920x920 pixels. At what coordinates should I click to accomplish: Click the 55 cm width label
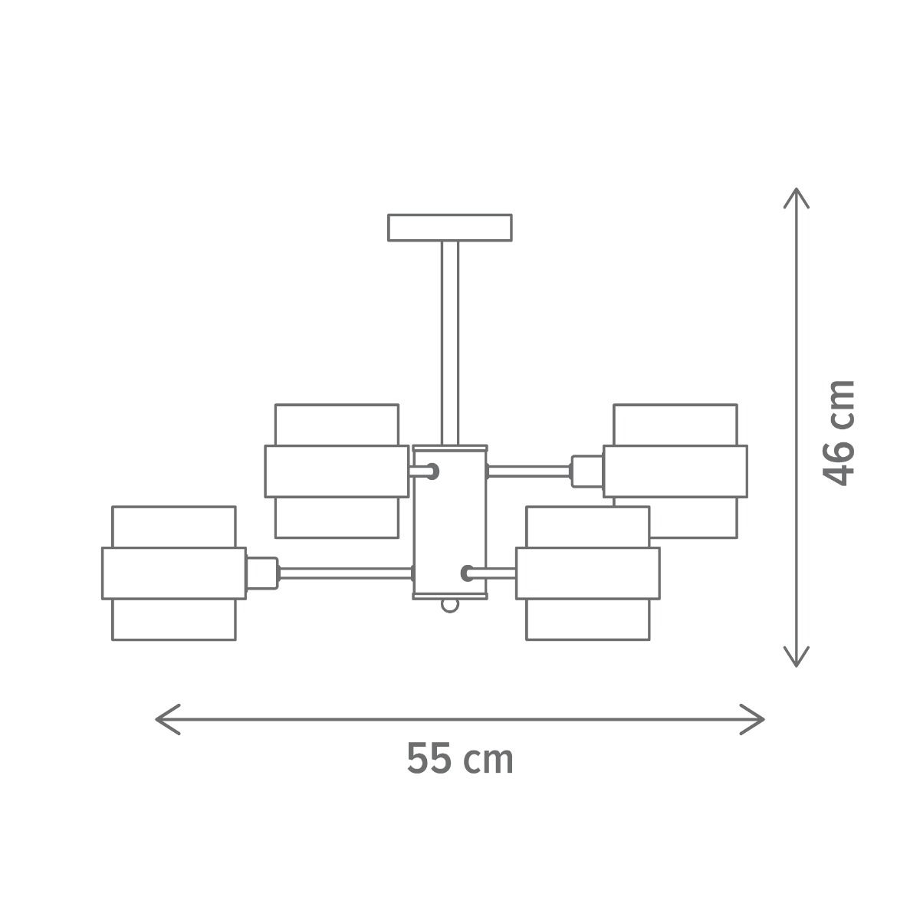(x=460, y=758)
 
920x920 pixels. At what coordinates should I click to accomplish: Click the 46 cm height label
(x=838, y=432)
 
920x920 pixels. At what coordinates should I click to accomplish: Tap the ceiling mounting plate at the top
(x=450, y=228)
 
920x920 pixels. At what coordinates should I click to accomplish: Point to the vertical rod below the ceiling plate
(x=450, y=343)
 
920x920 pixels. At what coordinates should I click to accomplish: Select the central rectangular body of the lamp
(x=450, y=522)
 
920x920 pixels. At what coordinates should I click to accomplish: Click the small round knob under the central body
(x=450, y=606)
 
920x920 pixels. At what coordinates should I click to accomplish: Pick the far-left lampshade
(x=174, y=573)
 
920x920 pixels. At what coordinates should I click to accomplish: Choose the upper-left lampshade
(x=337, y=472)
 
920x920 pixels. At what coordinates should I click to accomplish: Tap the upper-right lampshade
(x=675, y=472)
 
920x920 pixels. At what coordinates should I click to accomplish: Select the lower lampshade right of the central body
(x=588, y=573)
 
